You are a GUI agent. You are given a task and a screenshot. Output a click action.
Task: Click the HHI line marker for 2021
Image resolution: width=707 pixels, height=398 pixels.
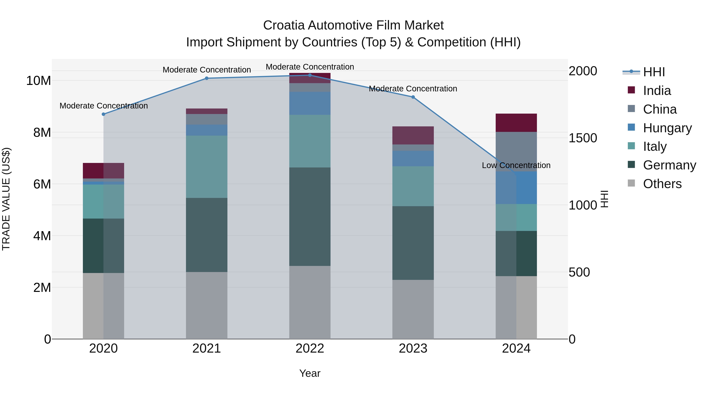coord(207,78)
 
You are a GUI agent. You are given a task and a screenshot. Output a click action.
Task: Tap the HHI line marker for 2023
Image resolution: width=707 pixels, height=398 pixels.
coord(413,97)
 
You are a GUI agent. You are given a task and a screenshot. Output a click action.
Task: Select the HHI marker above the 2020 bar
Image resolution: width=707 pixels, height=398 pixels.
coord(103,114)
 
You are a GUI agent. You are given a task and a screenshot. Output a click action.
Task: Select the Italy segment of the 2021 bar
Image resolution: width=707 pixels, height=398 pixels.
coord(207,167)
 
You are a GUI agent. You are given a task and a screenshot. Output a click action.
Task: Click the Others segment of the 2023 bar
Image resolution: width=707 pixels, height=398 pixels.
coord(413,309)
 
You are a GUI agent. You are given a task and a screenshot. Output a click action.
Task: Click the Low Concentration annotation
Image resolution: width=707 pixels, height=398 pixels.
coord(516,165)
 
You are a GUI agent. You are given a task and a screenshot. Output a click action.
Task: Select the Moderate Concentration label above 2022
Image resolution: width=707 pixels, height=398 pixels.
coord(310,67)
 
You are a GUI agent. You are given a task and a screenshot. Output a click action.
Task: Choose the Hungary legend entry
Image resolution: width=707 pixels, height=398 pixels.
coord(667,128)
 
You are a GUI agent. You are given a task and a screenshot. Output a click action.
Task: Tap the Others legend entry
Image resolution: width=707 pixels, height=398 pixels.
coord(662,184)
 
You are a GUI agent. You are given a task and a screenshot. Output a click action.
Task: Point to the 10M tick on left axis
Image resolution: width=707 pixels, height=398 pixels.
coord(38,81)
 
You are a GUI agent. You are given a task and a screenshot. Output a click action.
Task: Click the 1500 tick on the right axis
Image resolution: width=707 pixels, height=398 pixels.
coord(583,138)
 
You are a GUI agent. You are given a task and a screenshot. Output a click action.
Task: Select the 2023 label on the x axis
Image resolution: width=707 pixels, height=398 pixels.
coord(413,348)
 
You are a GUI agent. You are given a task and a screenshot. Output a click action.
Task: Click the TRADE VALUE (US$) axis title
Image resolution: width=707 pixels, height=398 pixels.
coord(6,199)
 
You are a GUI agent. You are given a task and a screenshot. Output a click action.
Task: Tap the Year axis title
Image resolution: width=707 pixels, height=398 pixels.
coord(310,373)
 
